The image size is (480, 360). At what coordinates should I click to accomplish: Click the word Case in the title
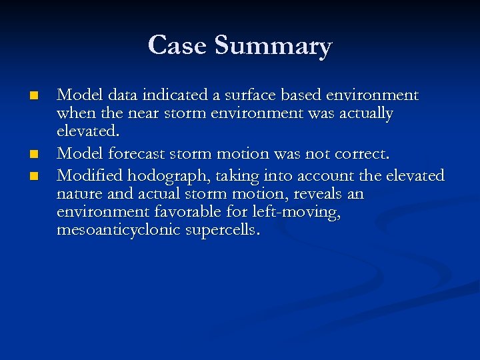tap(178, 45)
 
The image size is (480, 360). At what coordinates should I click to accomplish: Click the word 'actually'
tap(365, 115)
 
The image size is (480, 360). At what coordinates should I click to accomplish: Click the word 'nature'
tap(79, 195)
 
